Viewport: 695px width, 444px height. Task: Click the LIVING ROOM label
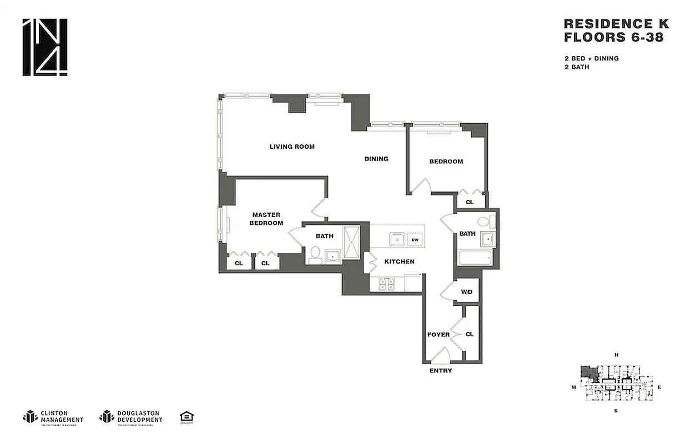292,147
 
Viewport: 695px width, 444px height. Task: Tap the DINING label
376,159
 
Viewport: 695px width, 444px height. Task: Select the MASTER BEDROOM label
266,219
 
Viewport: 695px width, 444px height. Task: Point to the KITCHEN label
400,261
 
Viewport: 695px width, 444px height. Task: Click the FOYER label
438,335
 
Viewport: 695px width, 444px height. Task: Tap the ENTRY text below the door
441,371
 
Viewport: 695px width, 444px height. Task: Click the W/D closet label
467,292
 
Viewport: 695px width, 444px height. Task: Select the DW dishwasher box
415,240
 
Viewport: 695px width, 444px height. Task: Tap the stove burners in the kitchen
386,284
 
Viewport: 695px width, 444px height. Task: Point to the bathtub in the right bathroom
475,258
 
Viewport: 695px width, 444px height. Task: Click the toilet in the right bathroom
483,222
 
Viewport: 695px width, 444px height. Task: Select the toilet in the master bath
314,254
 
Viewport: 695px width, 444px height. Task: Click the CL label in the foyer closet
470,334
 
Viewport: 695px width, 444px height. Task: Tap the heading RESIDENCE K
616,24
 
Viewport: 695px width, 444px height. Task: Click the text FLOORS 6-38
613,38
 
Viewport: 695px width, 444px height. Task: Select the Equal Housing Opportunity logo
187,417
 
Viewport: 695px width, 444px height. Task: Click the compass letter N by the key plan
616,355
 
